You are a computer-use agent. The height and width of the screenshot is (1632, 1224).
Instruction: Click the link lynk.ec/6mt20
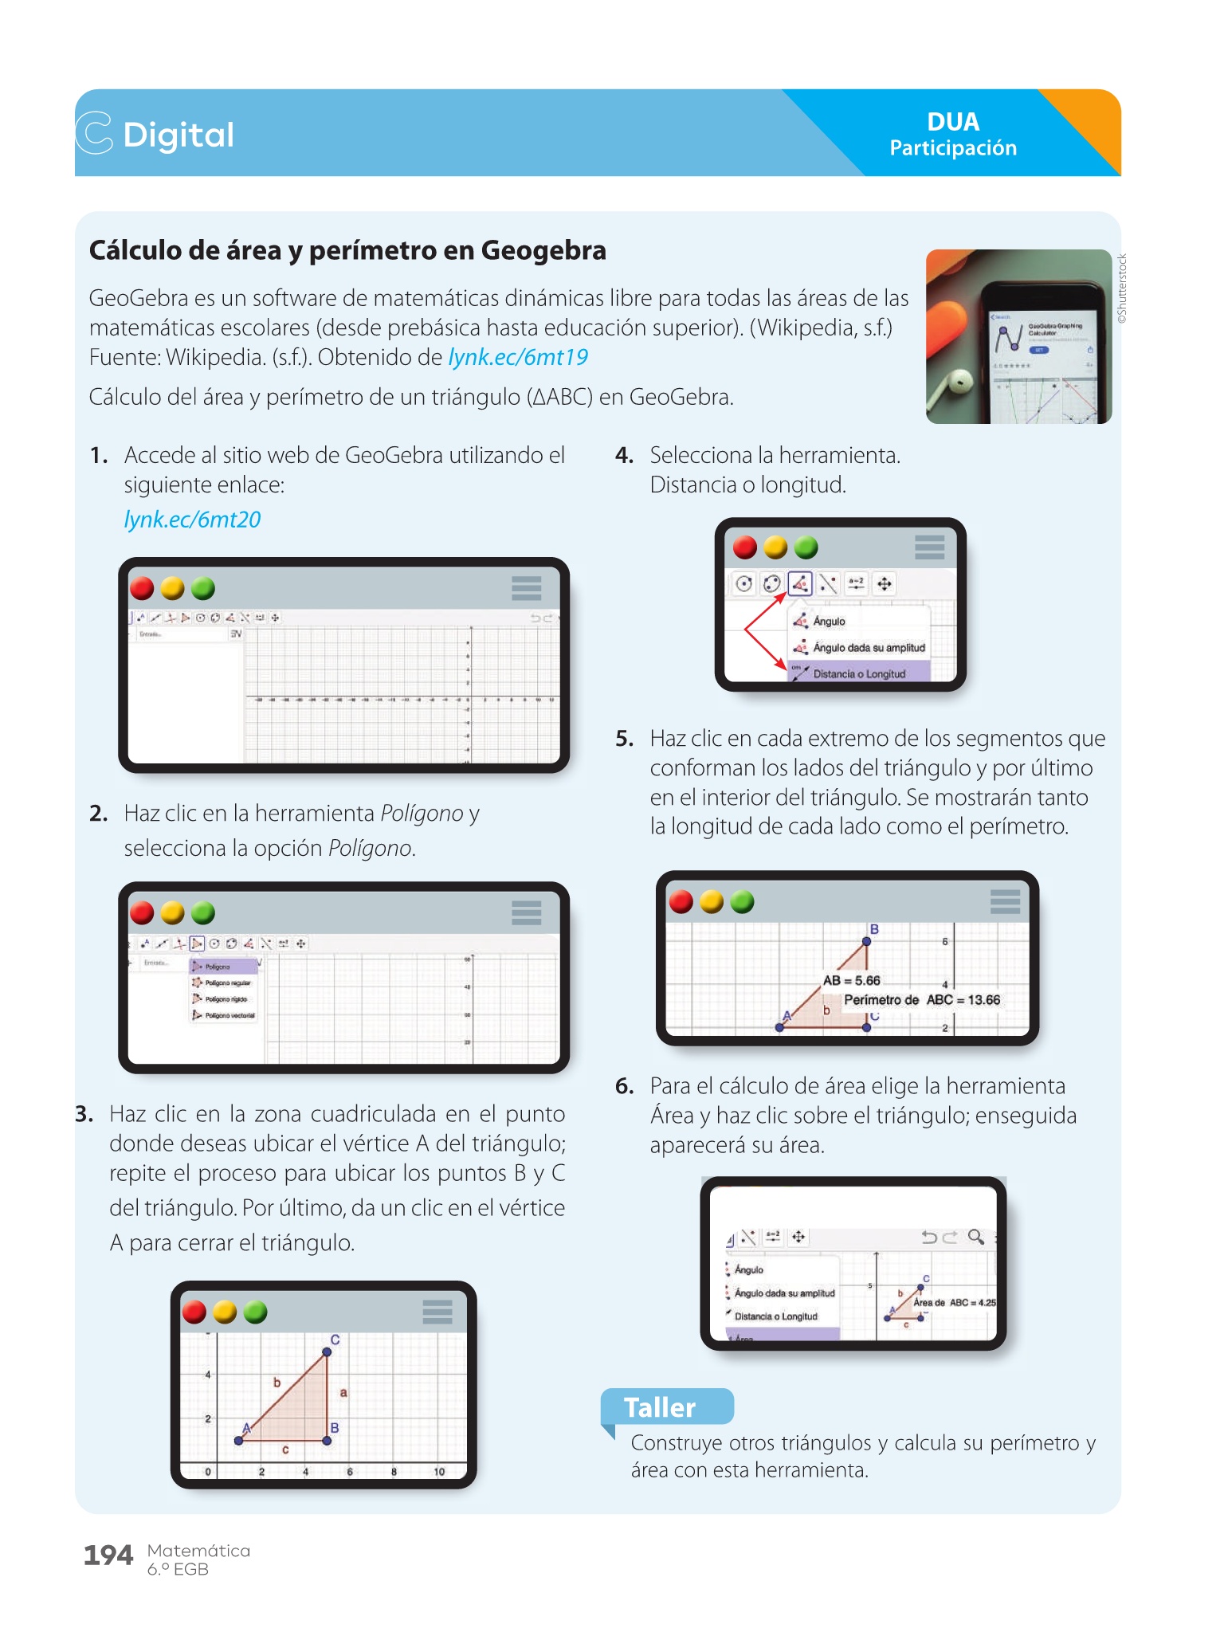[x=192, y=520]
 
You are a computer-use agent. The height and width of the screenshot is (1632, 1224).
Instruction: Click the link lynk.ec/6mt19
[x=518, y=357]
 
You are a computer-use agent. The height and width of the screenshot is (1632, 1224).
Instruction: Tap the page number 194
[x=108, y=1555]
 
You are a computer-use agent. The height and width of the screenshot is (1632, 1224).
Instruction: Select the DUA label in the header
[x=953, y=122]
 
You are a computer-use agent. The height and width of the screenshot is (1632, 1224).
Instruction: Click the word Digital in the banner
[x=178, y=135]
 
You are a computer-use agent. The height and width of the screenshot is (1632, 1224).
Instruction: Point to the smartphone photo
[x=1018, y=336]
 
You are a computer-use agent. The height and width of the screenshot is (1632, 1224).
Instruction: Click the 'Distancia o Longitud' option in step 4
[x=859, y=674]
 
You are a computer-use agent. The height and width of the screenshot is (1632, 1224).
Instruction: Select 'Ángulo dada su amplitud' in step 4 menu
[x=869, y=648]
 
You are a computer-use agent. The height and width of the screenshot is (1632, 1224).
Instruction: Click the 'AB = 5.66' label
[x=851, y=980]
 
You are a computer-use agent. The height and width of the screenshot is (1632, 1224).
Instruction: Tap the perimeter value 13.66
[x=984, y=999]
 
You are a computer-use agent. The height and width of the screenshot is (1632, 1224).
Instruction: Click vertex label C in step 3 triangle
[x=335, y=1340]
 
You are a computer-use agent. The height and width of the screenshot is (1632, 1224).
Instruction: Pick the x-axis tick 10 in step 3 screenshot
[x=439, y=1472]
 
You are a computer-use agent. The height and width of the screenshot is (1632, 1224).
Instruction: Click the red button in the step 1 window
[x=142, y=588]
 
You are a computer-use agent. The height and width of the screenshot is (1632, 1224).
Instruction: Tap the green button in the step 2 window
[x=203, y=912]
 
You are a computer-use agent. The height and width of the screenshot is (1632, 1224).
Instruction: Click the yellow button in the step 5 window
[x=712, y=901]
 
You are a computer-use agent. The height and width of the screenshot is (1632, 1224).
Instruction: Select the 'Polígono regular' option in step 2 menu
[x=228, y=983]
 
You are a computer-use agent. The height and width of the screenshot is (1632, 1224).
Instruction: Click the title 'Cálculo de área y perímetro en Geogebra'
[x=347, y=250]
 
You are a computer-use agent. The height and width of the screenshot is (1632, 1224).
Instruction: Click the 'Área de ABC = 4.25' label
[x=954, y=1302]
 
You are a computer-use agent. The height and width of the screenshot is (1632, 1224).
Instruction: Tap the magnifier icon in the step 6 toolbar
[x=975, y=1237]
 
